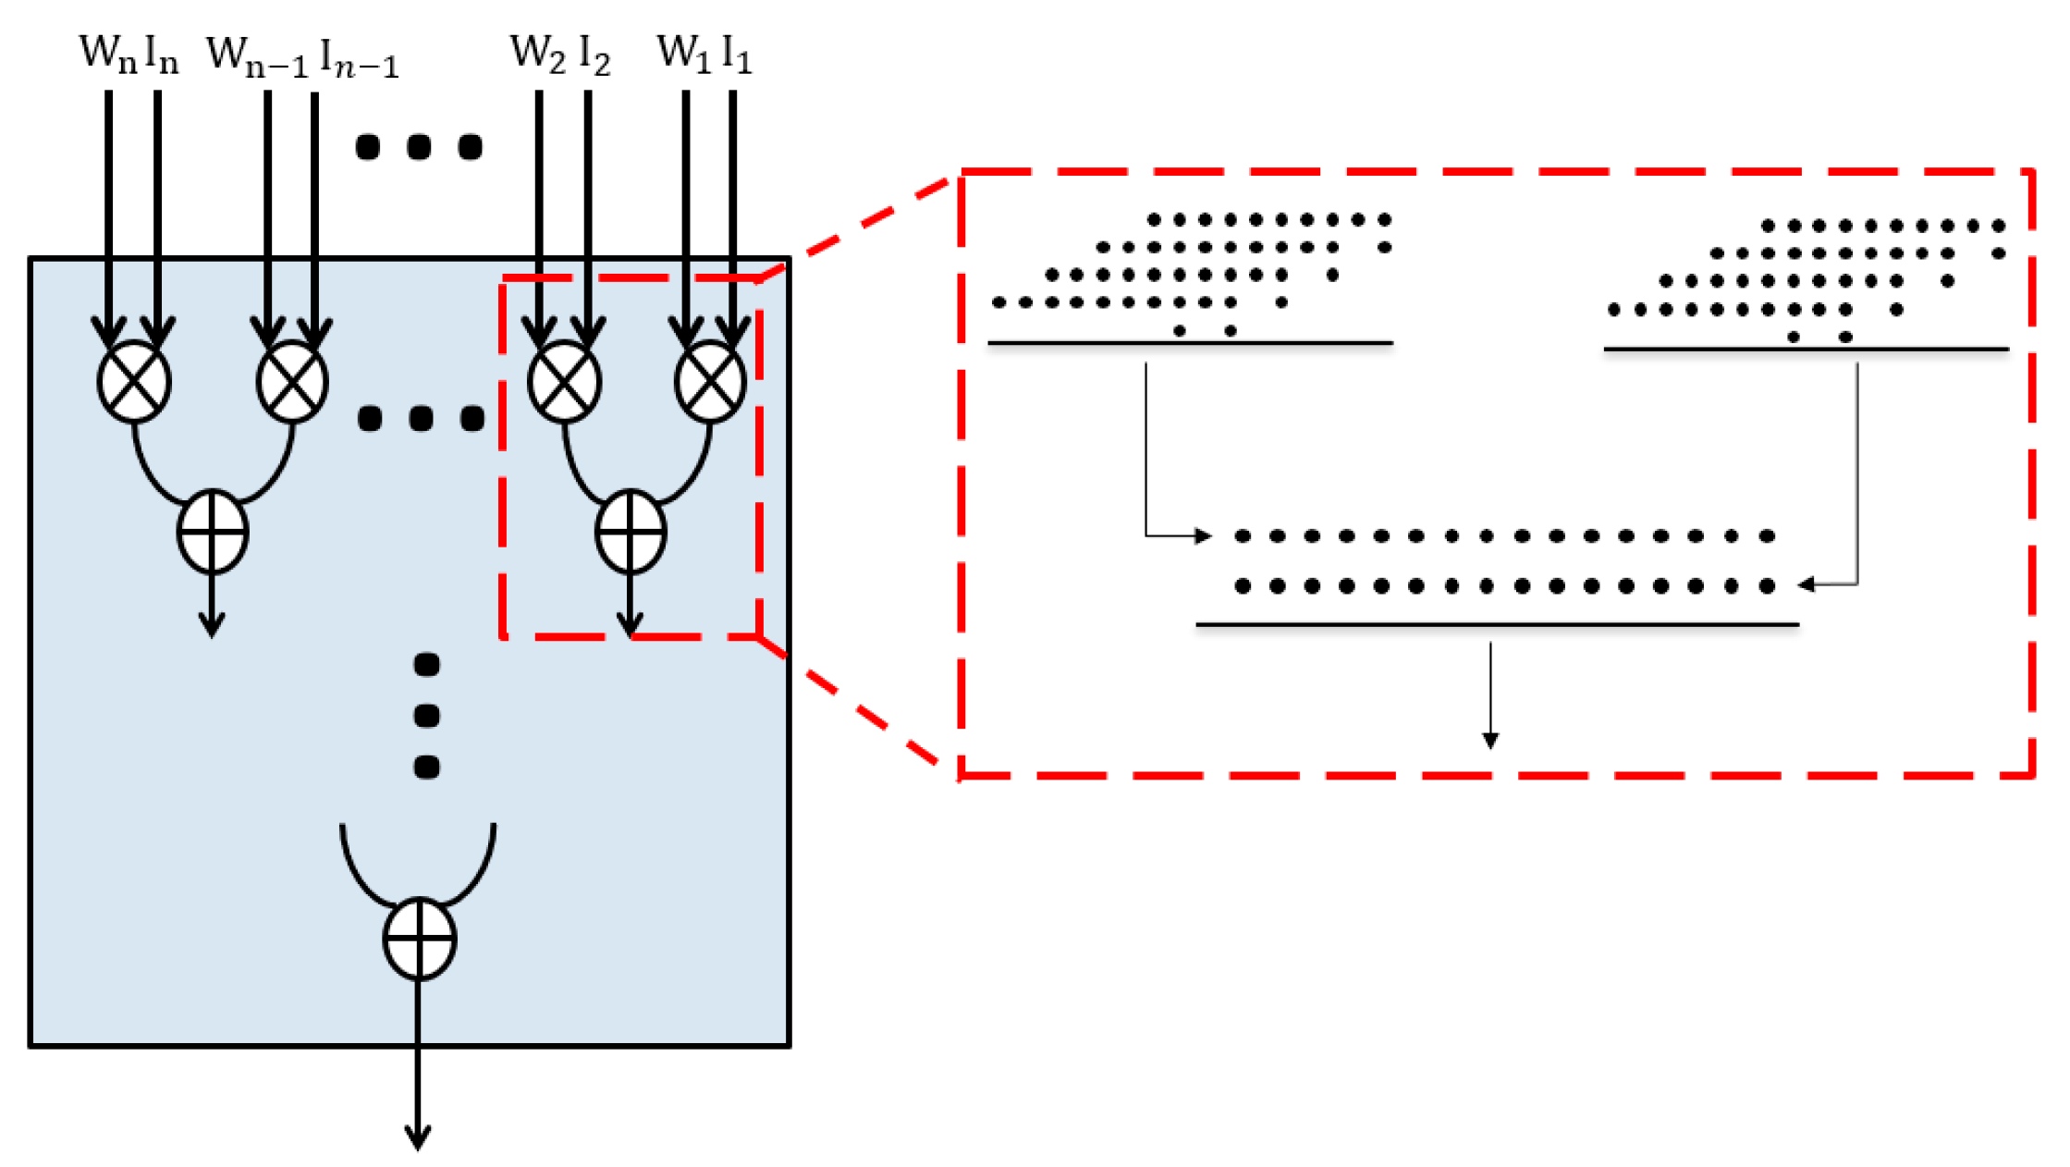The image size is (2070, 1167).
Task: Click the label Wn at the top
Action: pyautogui.click(x=107, y=54)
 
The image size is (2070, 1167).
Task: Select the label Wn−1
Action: pyautogui.click(x=256, y=57)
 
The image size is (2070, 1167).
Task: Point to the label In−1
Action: pyautogui.click(x=359, y=59)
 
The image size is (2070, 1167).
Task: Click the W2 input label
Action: pyautogui.click(x=537, y=54)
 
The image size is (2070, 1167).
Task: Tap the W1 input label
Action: pyautogui.click(x=684, y=54)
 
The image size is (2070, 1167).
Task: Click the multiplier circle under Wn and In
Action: pyautogui.click(x=134, y=382)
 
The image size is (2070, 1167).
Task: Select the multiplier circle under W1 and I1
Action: pyautogui.click(x=710, y=382)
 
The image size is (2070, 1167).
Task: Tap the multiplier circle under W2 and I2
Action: pyautogui.click(x=564, y=382)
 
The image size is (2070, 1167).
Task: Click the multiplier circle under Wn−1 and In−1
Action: pyautogui.click(x=292, y=382)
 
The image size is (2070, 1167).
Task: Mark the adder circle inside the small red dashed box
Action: pyautogui.click(x=631, y=532)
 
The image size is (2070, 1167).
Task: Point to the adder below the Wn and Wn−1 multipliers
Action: pyautogui.click(x=213, y=532)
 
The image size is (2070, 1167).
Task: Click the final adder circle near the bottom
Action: pyautogui.click(x=419, y=939)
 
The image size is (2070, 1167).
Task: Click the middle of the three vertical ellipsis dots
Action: pyautogui.click(x=426, y=715)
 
